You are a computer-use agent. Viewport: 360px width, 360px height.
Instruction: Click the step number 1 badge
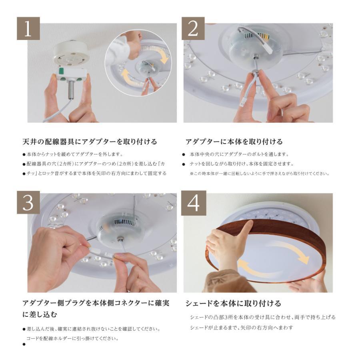click(28, 28)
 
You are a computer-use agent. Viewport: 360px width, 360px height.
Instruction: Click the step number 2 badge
click(193, 28)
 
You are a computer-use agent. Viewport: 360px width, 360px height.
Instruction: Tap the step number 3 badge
click(28, 202)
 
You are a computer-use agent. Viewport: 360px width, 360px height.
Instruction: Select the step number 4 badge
click(194, 203)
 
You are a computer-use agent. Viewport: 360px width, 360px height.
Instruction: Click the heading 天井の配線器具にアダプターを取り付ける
click(90, 142)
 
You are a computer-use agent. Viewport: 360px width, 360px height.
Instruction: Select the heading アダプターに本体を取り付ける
click(234, 142)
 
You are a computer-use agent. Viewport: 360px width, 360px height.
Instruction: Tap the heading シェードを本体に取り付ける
click(233, 303)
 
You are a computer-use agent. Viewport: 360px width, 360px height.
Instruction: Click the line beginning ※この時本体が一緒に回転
click(260, 174)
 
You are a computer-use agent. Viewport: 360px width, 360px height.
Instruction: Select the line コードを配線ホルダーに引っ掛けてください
click(72, 338)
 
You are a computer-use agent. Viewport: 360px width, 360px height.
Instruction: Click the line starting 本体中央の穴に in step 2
click(239, 154)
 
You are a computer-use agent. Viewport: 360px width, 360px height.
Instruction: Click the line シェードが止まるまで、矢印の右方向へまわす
click(242, 328)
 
